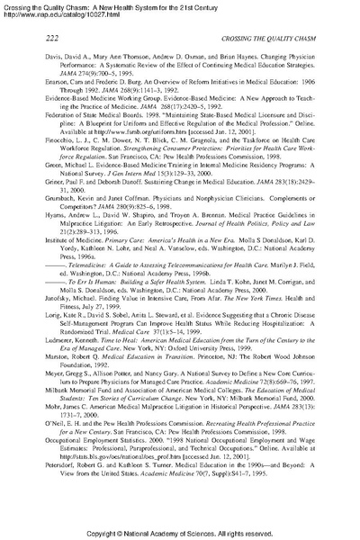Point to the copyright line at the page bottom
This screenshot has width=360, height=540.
coord(180,531)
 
